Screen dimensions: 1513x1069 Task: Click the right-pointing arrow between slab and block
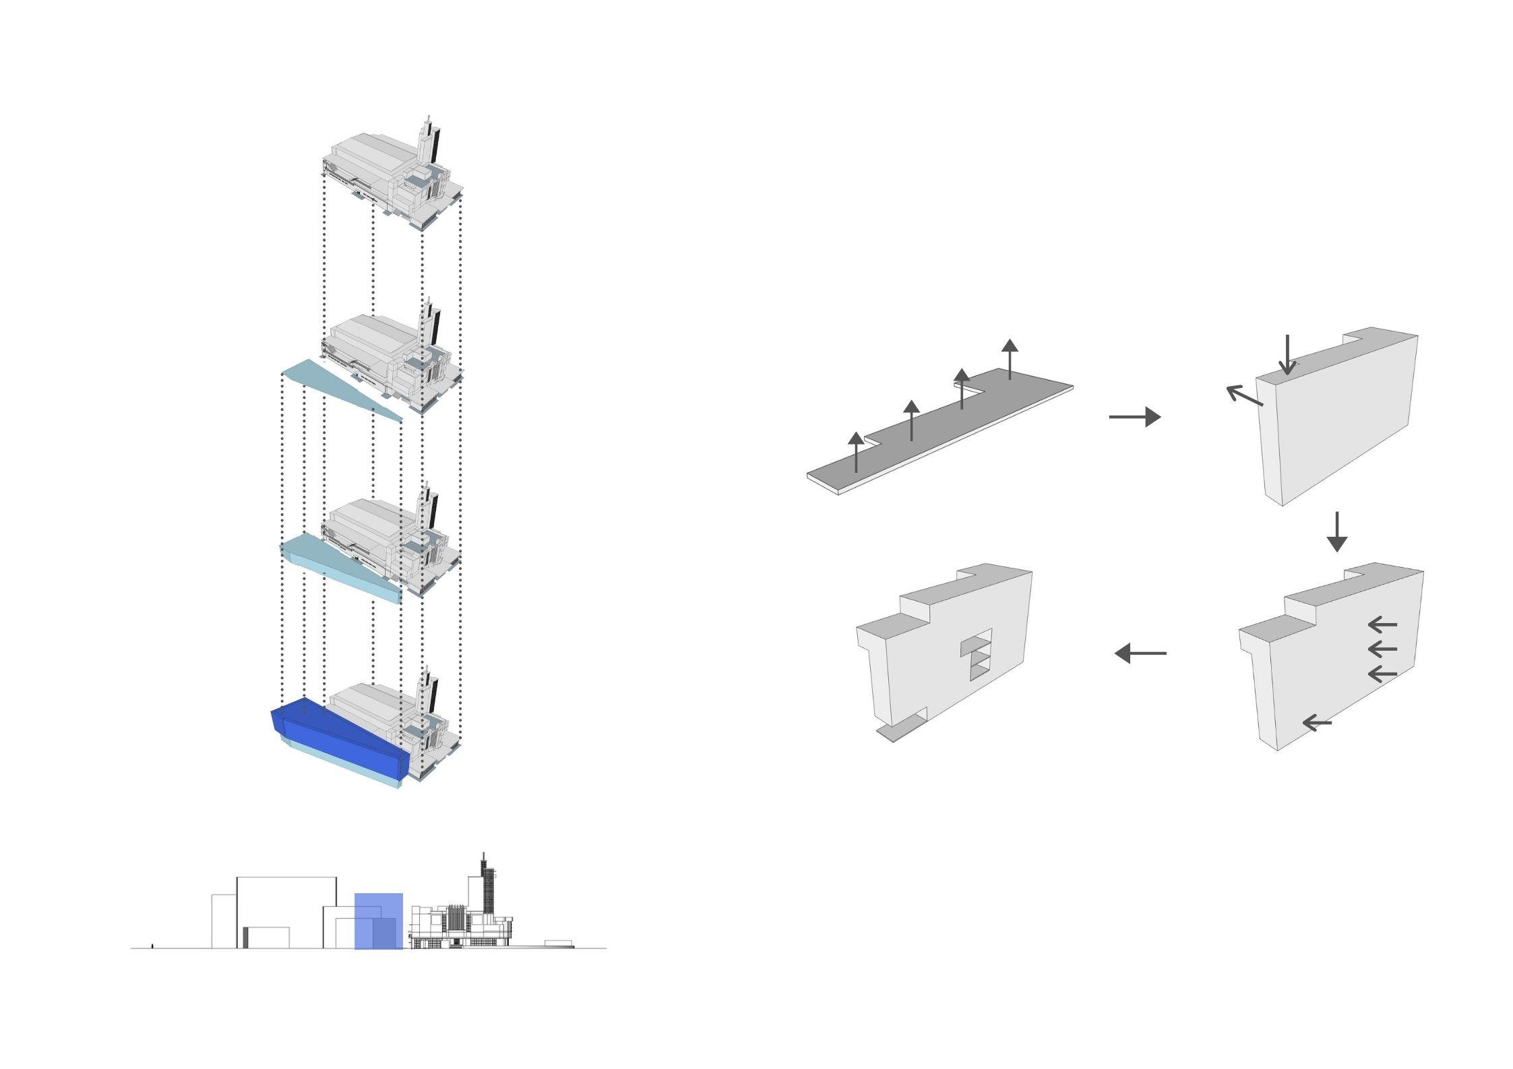(1134, 417)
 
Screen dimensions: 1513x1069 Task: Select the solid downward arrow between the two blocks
(1336, 532)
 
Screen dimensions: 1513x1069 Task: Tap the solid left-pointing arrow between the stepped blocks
(1140, 653)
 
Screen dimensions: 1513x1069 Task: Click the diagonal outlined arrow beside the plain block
(1243, 395)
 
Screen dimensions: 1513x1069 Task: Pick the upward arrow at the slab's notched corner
(962, 388)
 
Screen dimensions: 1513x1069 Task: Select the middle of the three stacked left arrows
(1382, 649)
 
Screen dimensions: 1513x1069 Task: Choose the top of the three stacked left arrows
(1382, 624)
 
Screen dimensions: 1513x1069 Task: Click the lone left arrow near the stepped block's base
(1318, 723)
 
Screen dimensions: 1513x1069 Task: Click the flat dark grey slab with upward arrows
(944, 431)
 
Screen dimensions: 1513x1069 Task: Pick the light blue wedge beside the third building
(344, 566)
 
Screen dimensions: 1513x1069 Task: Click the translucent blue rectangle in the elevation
(379, 921)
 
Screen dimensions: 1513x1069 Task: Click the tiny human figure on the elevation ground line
(152, 946)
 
